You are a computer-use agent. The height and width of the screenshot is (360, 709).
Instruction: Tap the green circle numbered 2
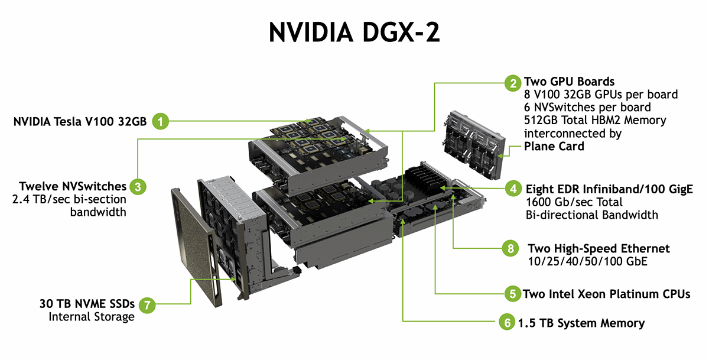pyautogui.click(x=512, y=82)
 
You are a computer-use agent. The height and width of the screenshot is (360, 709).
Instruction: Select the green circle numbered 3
pyautogui.click(x=138, y=187)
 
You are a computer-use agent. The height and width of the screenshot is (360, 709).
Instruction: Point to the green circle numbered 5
pyautogui.click(x=511, y=293)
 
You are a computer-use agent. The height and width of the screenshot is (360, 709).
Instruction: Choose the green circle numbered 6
pyautogui.click(x=506, y=323)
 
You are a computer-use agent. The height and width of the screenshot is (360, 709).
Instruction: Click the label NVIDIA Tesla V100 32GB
pyautogui.click(x=79, y=122)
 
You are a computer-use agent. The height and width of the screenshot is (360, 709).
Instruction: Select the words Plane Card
pyautogui.click(x=554, y=146)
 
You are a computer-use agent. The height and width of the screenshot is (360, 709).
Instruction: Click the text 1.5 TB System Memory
pyautogui.click(x=581, y=323)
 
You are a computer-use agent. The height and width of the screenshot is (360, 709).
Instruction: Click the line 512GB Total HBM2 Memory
pyautogui.click(x=595, y=120)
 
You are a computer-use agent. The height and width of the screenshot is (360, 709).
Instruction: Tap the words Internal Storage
pyautogui.click(x=92, y=317)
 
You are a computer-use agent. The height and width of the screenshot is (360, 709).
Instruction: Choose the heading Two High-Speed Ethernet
pyautogui.click(x=599, y=248)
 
